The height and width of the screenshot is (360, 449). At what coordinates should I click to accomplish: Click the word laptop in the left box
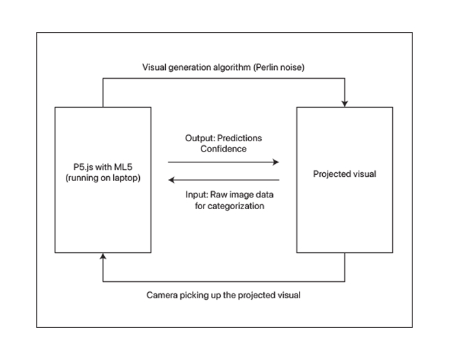[x=123, y=180]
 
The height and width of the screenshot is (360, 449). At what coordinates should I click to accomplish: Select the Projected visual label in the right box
[x=344, y=174]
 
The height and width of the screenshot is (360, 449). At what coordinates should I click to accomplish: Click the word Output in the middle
[x=199, y=138]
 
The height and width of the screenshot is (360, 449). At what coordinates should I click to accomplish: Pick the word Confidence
[x=223, y=148]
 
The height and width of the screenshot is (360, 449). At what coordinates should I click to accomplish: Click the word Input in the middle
[x=197, y=195]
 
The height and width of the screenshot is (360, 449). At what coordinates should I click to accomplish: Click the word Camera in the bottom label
[x=162, y=296]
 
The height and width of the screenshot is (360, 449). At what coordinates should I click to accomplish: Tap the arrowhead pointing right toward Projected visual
[x=276, y=163]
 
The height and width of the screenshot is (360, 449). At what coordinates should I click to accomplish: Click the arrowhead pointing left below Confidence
[x=171, y=180]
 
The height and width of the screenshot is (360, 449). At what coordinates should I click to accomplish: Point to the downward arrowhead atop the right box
[x=344, y=102]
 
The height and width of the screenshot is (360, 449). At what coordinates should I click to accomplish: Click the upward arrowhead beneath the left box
[x=103, y=257]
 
